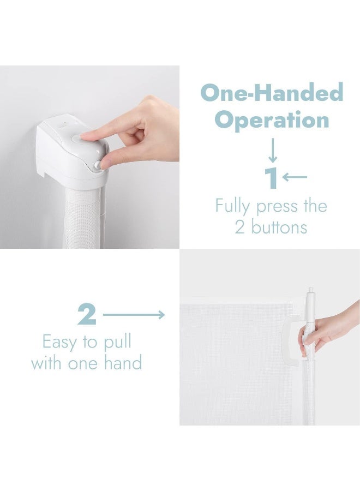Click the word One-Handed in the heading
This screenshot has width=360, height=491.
click(x=272, y=93)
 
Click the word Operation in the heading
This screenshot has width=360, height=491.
click(x=272, y=121)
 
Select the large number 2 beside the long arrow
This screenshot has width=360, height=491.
click(x=87, y=314)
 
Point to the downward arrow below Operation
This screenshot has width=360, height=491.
click(x=273, y=151)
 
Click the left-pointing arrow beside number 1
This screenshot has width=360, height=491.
click(x=295, y=177)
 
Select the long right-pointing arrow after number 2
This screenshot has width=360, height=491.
click(x=134, y=315)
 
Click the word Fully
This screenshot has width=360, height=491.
click(x=232, y=207)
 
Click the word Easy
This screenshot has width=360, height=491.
click(x=60, y=343)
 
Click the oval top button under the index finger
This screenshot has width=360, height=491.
click(x=78, y=138)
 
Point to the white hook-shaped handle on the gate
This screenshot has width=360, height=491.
click(x=290, y=342)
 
